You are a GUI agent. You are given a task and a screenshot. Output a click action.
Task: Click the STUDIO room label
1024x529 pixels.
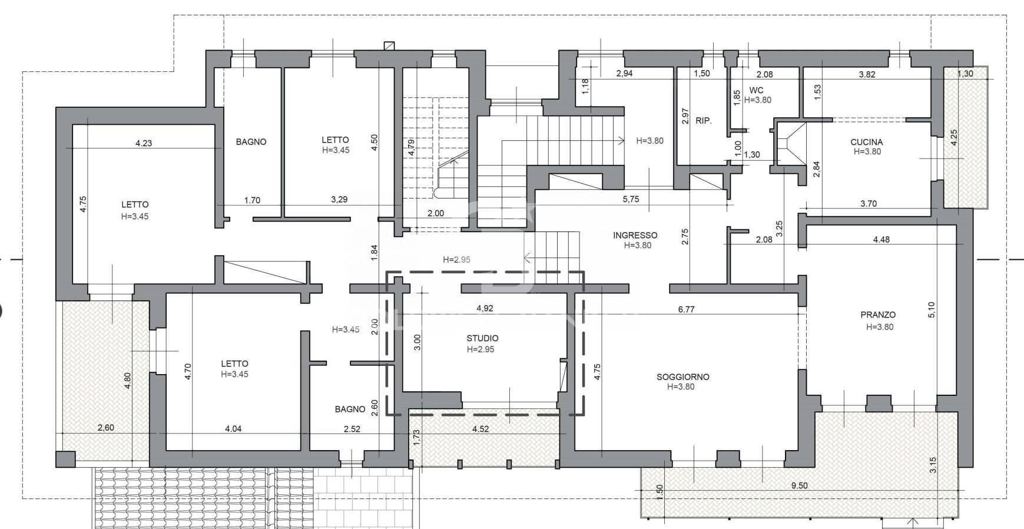point(482,338)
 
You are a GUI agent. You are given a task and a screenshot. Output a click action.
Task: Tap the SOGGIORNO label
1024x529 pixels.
point(682,377)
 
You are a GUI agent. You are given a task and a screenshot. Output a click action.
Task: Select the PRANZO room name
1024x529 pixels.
point(877,315)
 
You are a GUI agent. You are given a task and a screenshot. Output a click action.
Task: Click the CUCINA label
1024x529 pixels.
point(866,142)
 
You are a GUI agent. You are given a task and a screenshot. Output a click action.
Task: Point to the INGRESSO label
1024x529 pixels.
point(635,235)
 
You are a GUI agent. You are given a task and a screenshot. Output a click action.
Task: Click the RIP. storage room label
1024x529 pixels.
point(703,121)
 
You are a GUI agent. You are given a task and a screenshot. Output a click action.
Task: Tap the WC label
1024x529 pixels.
point(756,90)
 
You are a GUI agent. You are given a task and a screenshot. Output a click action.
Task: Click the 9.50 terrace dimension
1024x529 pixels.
point(799,486)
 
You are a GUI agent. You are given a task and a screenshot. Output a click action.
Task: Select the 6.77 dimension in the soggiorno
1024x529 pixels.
point(686,309)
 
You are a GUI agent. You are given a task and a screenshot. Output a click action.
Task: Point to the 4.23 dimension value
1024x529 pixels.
point(143,143)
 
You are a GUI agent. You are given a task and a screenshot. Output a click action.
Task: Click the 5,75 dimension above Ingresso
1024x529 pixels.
point(630,199)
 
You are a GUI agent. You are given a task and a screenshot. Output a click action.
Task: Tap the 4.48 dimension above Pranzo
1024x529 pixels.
point(881,239)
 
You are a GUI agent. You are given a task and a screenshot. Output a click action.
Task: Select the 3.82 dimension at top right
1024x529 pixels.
point(867,74)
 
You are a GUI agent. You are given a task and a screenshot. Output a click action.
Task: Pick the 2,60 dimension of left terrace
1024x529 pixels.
point(105,428)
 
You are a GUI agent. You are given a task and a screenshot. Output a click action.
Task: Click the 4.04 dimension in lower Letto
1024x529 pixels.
point(233,429)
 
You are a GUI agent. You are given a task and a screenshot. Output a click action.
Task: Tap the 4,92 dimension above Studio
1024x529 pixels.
point(484,308)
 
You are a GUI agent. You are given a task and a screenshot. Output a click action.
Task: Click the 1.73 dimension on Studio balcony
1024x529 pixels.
point(417,438)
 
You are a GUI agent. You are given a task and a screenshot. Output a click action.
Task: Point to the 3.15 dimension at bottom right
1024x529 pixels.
point(933,465)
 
